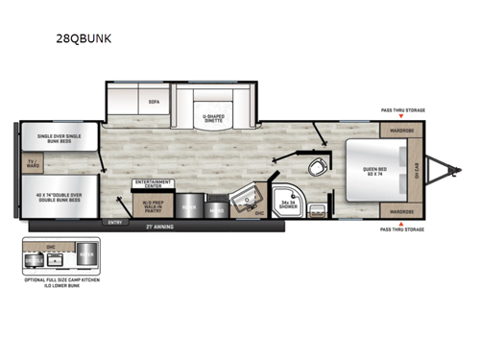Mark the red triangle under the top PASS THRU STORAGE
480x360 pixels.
tap(400, 117)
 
